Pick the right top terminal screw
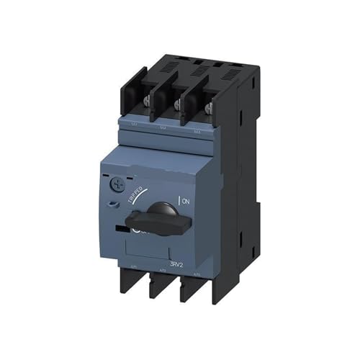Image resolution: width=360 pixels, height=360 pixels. pyautogui.click(x=209, y=108)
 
